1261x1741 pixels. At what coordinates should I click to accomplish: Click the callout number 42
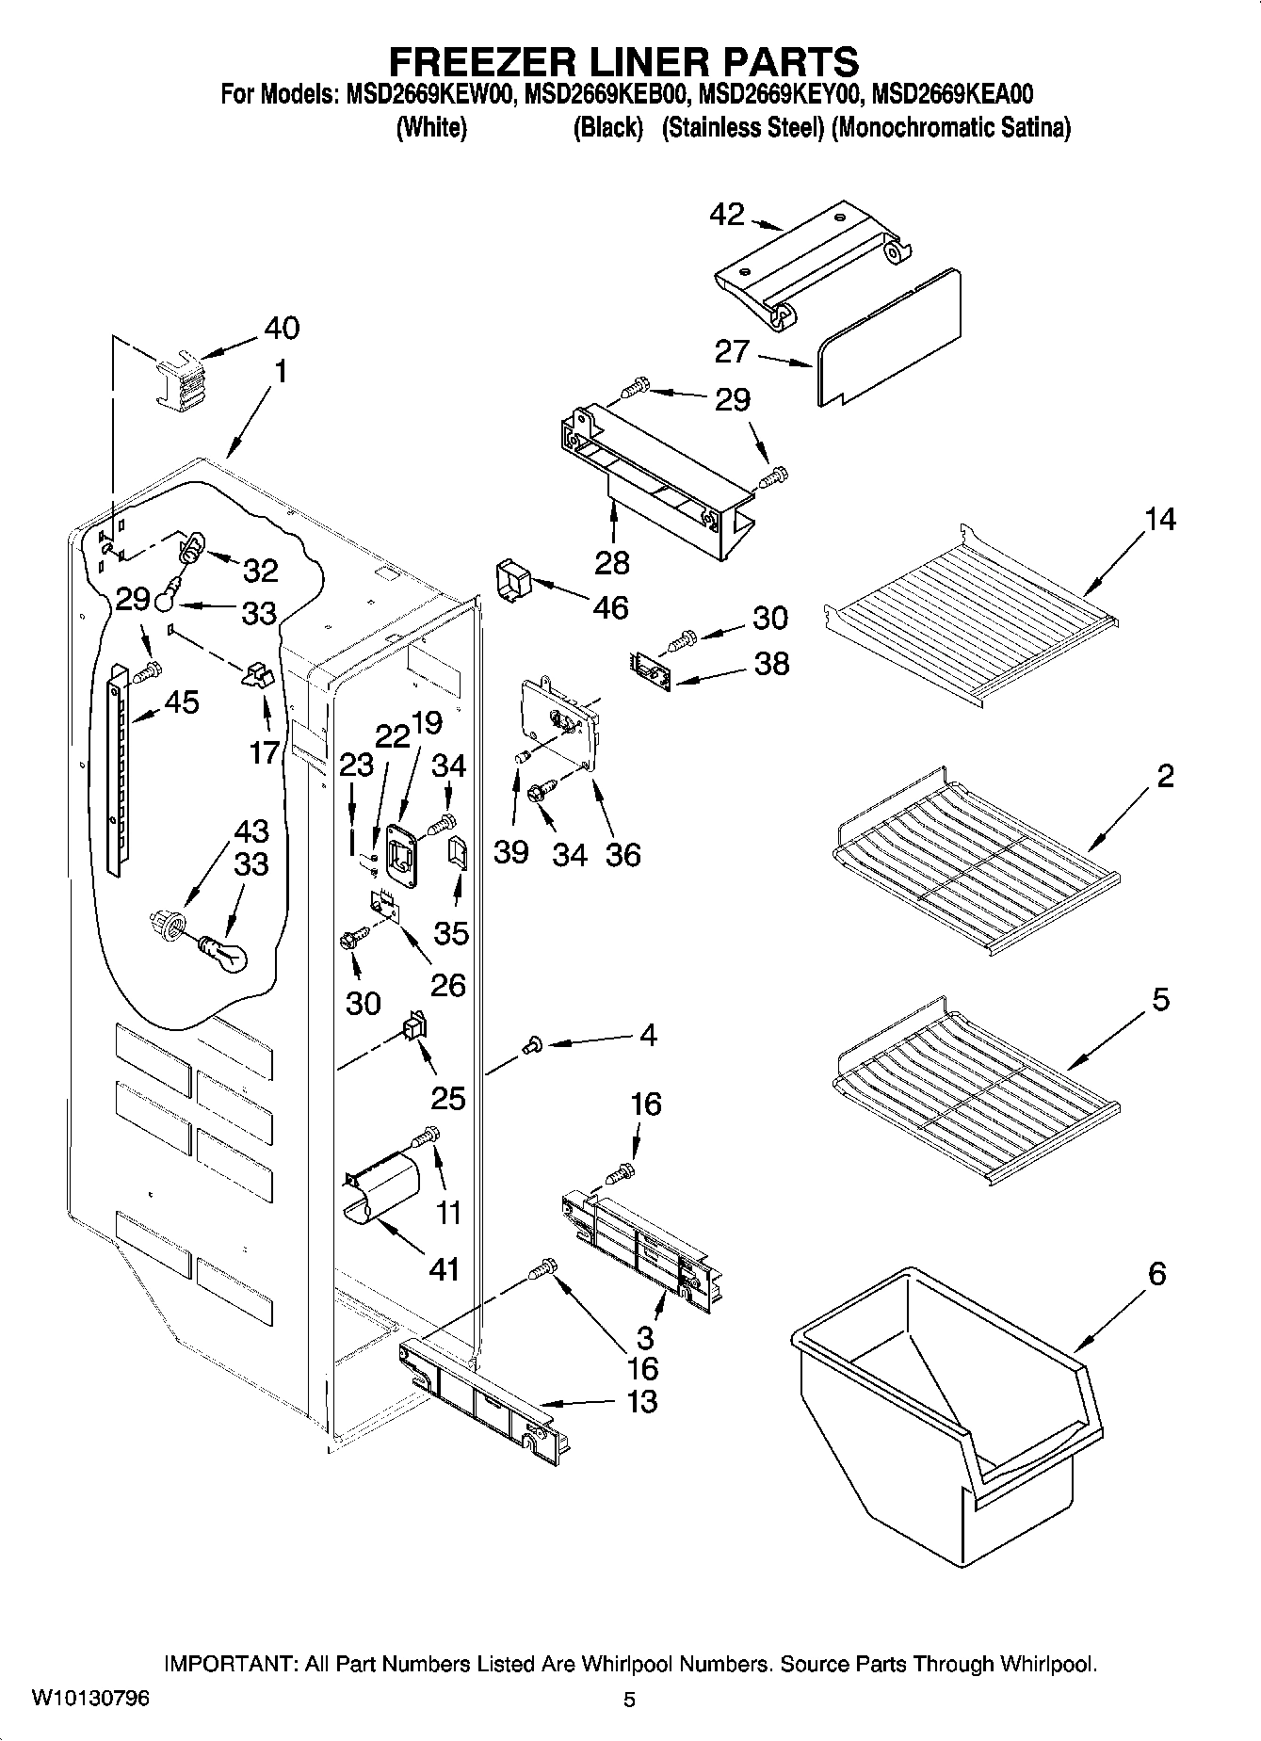(726, 215)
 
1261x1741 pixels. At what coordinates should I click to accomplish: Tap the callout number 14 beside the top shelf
(1160, 519)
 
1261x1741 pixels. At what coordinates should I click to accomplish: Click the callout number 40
(282, 329)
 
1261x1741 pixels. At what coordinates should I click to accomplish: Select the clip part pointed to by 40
(180, 379)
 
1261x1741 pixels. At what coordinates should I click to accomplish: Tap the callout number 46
(610, 607)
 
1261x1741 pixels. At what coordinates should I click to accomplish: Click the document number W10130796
(90, 1699)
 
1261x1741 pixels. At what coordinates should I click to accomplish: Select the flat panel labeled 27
(890, 334)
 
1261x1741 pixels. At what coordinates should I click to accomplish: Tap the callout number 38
(771, 664)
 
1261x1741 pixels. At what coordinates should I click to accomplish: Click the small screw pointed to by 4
(533, 1042)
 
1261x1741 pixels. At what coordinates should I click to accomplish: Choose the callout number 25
(448, 1098)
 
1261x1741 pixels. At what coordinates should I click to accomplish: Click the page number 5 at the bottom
(629, 1700)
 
